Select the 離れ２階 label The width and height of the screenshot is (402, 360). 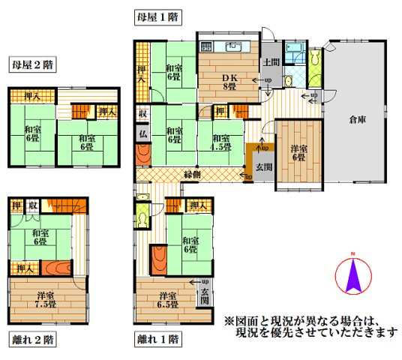(x=32, y=339)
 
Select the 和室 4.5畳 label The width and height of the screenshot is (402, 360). (x=220, y=142)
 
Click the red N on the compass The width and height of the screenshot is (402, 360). (x=351, y=261)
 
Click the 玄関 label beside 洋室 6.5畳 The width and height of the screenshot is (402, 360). (x=205, y=294)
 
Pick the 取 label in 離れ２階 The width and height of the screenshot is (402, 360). (x=32, y=206)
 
